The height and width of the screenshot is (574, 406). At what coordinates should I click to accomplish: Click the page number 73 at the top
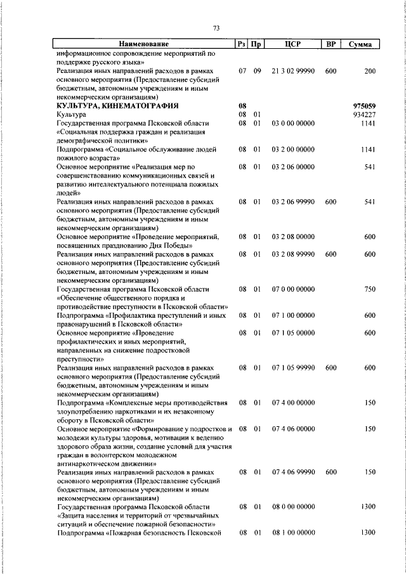coord(216,29)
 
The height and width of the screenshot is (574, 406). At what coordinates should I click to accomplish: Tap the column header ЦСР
coord(292,44)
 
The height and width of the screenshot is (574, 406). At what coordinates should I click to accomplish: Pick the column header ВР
coord(330,44)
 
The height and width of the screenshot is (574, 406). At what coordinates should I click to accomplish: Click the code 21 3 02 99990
coord(292,72)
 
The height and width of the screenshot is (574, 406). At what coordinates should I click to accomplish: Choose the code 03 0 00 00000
coord(292,123)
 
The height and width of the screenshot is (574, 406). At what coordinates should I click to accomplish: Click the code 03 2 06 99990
coord(292,201)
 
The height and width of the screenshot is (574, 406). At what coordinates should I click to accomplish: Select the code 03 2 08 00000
coord(292,237)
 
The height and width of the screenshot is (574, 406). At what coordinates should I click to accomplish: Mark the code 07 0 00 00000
coord(292,289)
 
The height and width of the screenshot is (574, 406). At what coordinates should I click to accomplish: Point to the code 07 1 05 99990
coord(292,367)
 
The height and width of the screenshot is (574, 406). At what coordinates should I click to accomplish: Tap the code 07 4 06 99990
coord(292,473)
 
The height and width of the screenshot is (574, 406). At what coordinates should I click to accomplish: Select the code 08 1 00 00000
coord(292,533)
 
